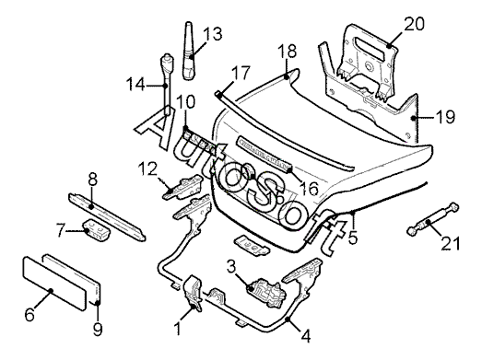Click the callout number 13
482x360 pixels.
click(212, 34)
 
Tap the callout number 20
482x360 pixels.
click(414, 24)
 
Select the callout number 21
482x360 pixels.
click(451, 243)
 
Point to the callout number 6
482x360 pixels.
click(29, 314)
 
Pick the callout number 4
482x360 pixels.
click(305, 336)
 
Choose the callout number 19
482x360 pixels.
click(445, 117)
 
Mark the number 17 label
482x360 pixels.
click(241, 73)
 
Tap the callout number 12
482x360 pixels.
click(147, 168)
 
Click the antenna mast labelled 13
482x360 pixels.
click(189, 52)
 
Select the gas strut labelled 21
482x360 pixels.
click(433, 220)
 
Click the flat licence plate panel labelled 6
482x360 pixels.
click(54, 284)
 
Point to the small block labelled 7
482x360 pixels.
click(97, 230)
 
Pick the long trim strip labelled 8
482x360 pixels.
click(107, 216)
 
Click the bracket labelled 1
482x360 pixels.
click(194, 294)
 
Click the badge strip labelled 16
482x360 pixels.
click(265, 156)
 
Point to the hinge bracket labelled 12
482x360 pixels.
click(182, 187)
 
